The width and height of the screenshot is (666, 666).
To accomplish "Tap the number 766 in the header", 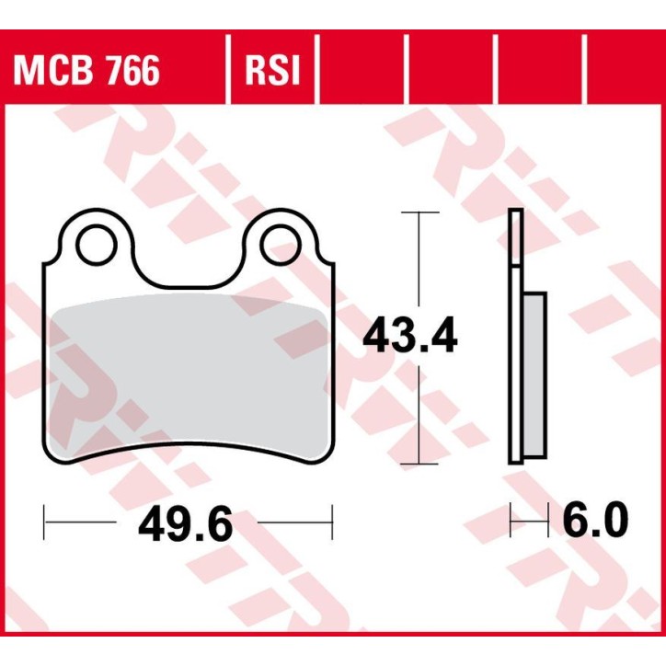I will (131, 71).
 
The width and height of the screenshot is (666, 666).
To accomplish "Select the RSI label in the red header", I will (271, 71).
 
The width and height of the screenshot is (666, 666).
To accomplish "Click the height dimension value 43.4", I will (409, 337).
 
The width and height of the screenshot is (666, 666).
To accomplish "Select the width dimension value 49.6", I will (186, 525).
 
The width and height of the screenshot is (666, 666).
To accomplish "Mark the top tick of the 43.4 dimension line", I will (420, 213).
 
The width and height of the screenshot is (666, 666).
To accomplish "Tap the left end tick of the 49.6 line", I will (44, 525).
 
